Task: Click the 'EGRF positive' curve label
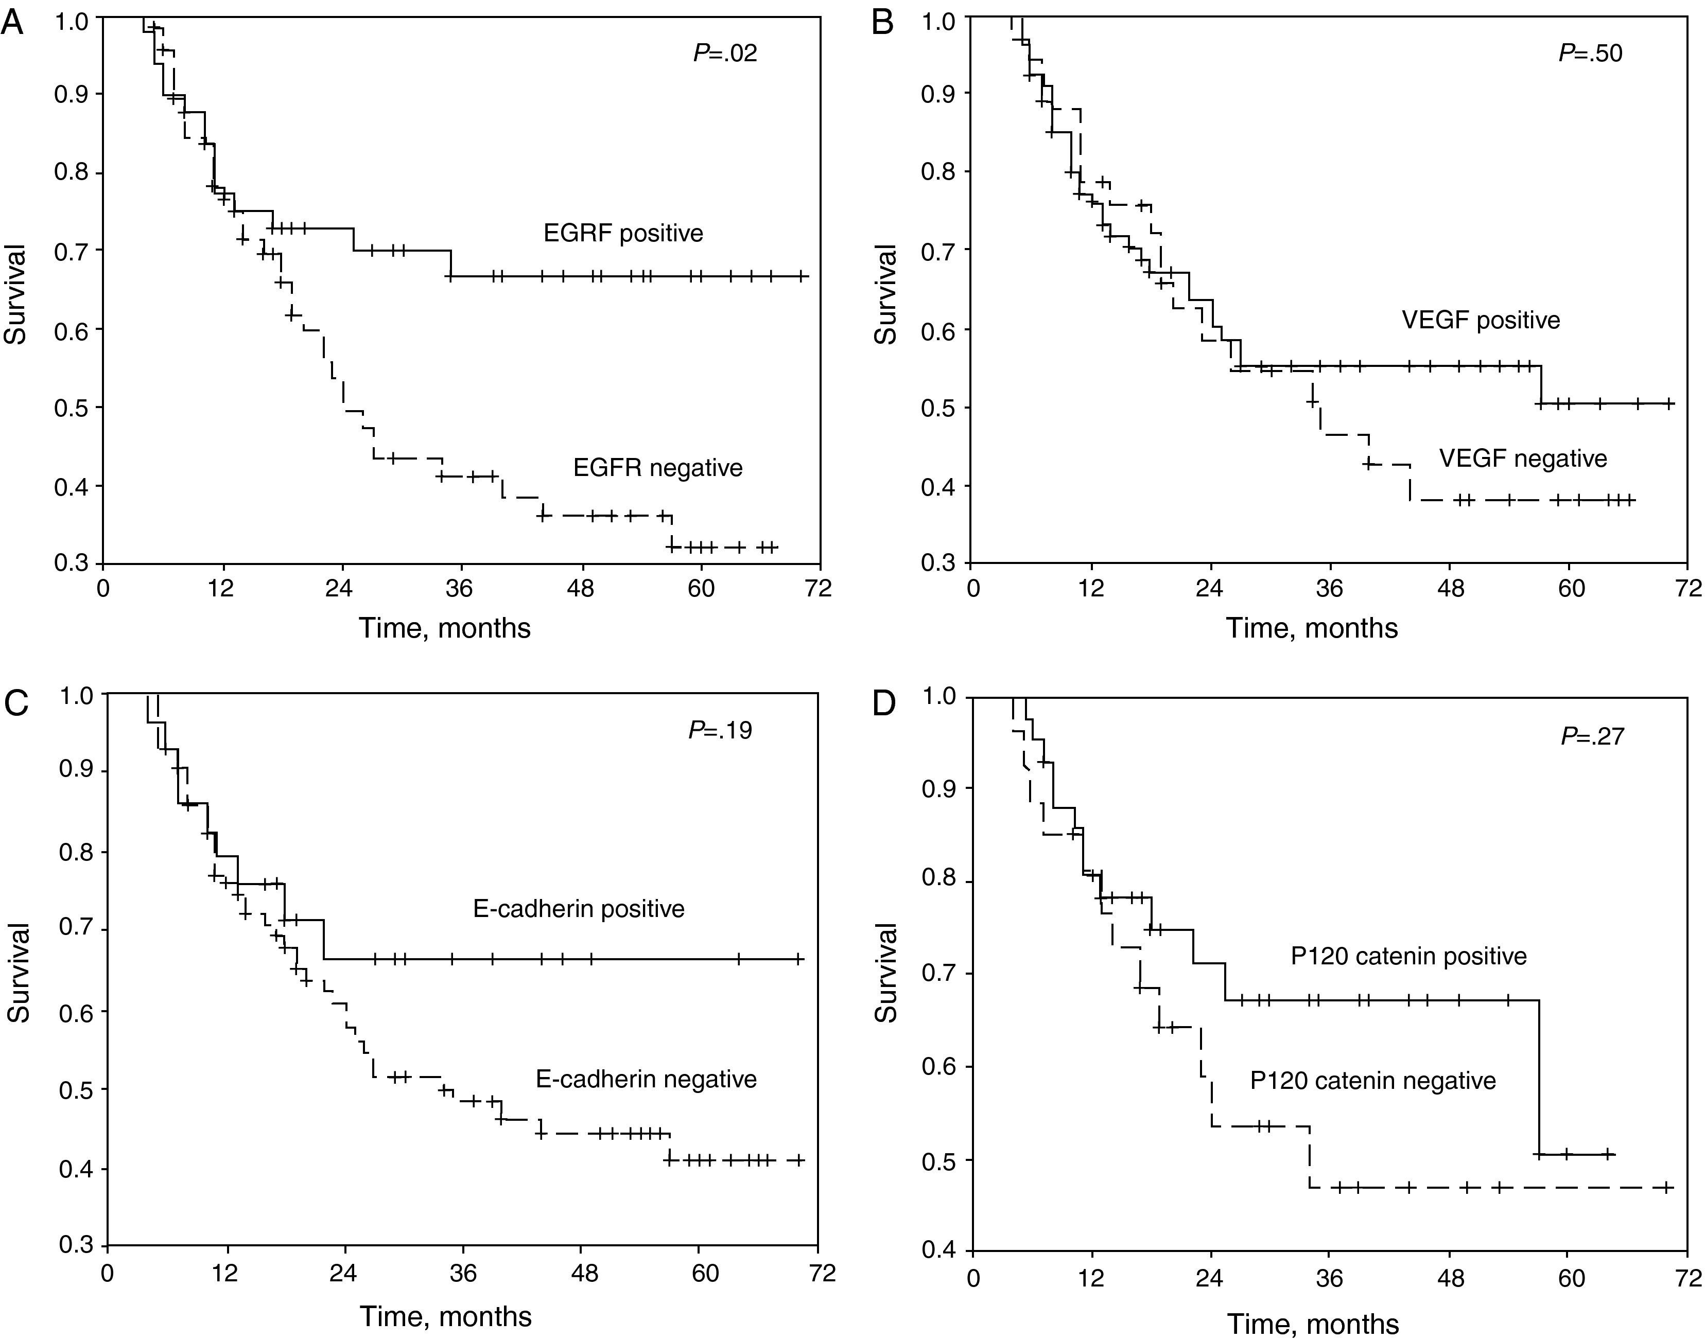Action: coord(623,233)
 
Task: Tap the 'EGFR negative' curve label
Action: coord(657,468)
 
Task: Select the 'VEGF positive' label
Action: coord(1481,320)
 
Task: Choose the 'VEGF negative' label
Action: coord(1523,458)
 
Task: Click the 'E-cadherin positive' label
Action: coord(578,908)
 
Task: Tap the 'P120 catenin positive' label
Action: coord(1408,956)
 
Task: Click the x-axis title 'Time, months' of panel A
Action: coord(445,628)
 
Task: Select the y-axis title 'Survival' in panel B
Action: coord(886,294)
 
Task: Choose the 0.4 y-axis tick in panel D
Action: coord(942,1251)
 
